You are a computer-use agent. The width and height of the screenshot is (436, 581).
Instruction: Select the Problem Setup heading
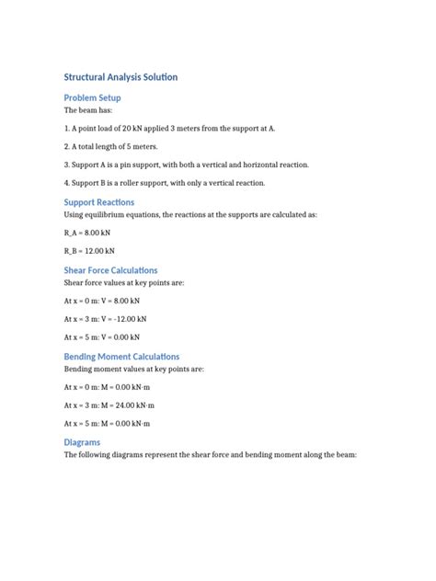point(92,97)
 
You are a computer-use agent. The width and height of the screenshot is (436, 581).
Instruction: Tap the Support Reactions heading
point(98,201)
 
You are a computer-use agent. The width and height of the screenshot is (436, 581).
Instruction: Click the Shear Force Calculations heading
point(110,270)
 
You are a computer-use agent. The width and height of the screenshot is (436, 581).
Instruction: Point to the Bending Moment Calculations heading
point(121,356)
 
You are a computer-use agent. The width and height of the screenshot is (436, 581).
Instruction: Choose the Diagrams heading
point(84,441)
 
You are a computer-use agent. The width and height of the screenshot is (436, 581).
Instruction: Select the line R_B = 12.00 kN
point(90,250)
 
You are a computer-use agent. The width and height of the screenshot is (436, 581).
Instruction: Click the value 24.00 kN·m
point(138,404)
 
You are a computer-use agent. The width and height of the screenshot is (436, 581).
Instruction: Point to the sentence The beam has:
point(88,110)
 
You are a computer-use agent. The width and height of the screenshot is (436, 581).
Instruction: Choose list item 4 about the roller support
point(164,183)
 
